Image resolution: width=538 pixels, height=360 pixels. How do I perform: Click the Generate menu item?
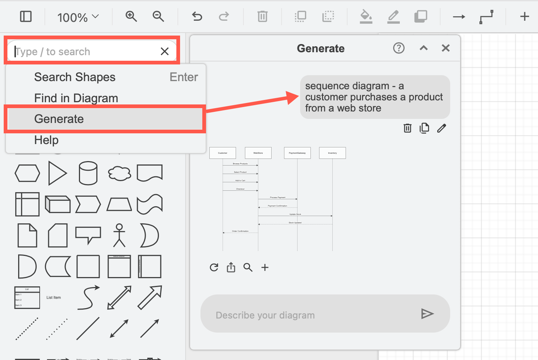[59, 119]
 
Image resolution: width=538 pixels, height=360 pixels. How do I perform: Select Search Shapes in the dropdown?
[75, 77]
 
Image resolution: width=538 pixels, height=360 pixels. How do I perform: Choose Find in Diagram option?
[76, 98]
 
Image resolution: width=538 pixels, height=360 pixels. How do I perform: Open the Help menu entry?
[46, 140]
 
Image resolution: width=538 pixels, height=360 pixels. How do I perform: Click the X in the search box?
[165, 51]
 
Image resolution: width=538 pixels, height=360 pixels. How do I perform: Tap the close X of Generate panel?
[446, 48]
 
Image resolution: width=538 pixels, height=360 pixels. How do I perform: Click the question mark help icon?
[399, 48]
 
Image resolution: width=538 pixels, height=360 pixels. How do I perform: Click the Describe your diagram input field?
[311, 315]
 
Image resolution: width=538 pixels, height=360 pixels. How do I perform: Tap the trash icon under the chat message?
[407, 128]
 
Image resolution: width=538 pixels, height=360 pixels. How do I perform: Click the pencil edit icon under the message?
[441, 128]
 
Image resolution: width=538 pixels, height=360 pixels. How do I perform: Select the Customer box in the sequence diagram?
[223, 153]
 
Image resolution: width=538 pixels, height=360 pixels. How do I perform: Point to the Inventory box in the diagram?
[332, 153]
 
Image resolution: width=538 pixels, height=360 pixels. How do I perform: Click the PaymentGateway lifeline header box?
[297, 153]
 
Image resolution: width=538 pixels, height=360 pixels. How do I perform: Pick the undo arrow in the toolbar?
[197, 17]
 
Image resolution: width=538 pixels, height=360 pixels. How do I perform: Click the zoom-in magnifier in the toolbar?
[131, 17]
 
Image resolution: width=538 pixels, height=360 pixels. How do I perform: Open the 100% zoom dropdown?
[78, 17]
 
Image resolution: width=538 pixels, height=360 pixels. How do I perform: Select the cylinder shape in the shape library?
[88, 173]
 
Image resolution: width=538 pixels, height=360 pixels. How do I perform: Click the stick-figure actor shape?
[119, 235]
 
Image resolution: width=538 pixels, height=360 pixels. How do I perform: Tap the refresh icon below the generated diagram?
[214, 267]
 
